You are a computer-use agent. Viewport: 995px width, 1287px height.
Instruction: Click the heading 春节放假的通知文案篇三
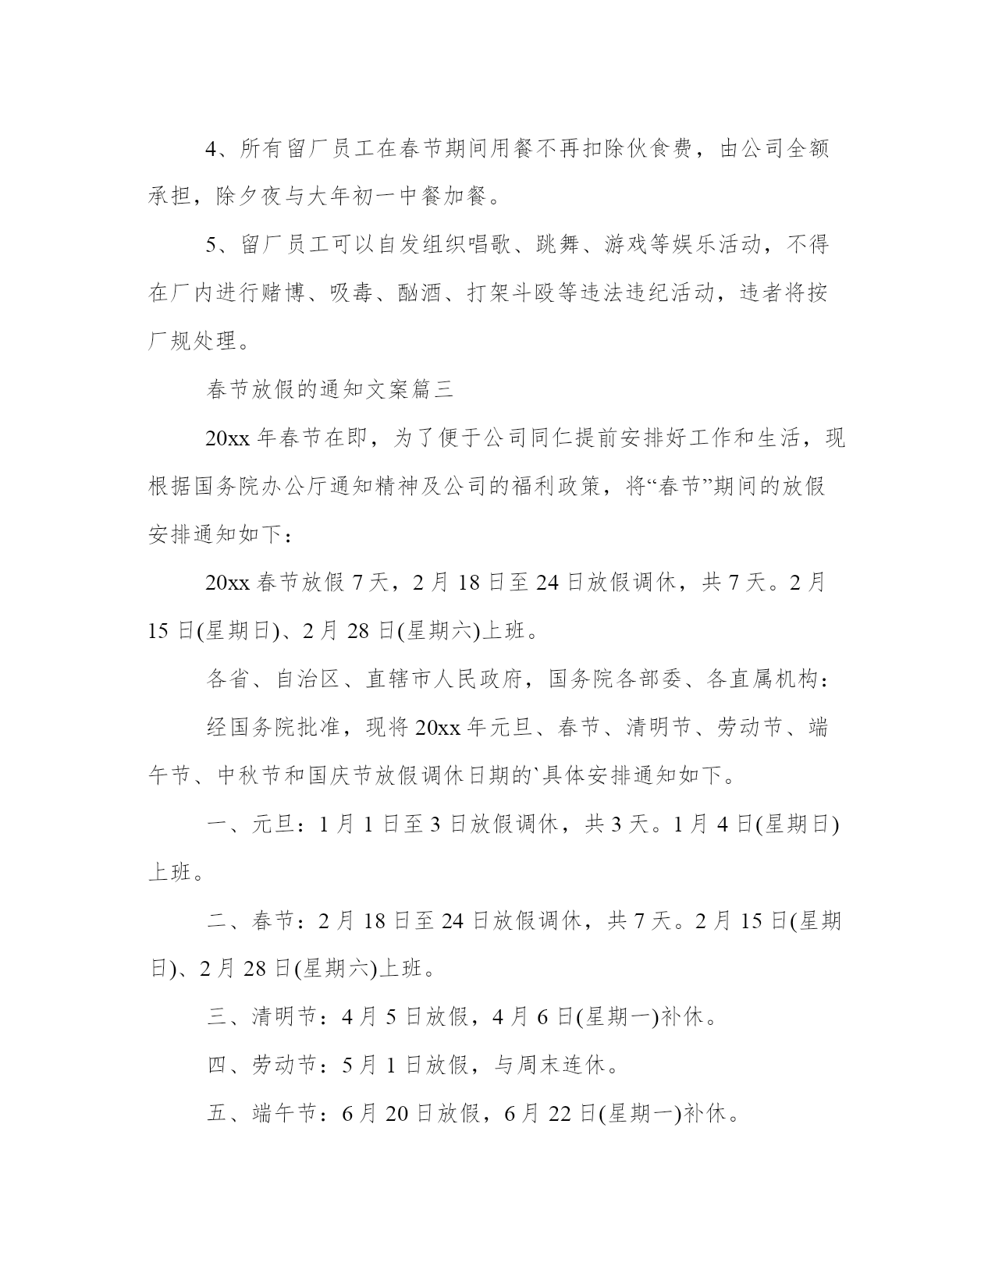pos(330,390)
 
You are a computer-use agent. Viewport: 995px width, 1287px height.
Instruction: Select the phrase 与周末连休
pos(549,1065)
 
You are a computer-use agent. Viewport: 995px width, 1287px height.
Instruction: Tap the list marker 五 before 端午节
pos(217,1114)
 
